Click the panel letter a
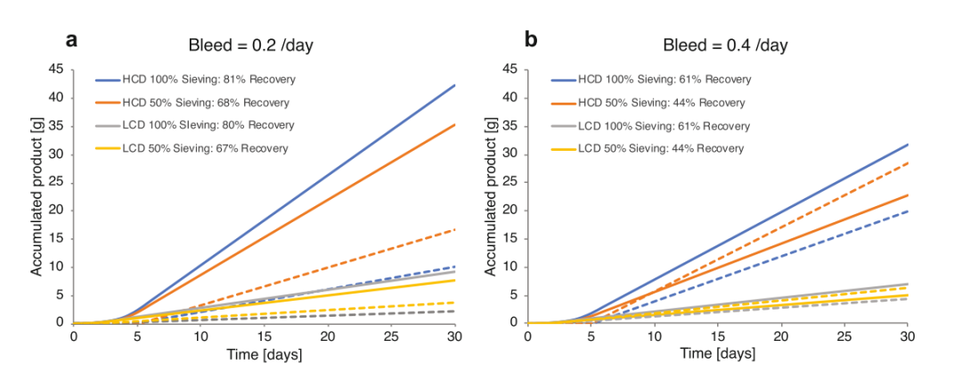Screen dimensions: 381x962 (71, 39)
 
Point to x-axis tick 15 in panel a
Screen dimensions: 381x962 (265, 335)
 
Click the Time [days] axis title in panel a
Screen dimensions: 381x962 (265, 354)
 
